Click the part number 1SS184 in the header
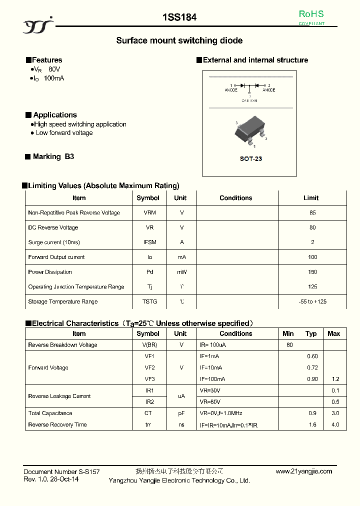[179, 17]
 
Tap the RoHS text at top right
[311, 14]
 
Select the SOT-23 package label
[250, 158]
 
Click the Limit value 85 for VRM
[312, 212]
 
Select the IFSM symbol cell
[149, 242]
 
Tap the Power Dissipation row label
[50, 272]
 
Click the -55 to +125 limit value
[312, 301]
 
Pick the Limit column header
[310, 198]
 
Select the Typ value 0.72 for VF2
[312, 367]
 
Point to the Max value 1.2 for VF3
[335, 379]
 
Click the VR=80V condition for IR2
[210, 401]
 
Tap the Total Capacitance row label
[50, 413]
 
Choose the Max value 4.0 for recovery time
[335, 424]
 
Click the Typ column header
[311, 333]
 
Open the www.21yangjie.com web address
[303, 471]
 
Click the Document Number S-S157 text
[61, 471]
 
